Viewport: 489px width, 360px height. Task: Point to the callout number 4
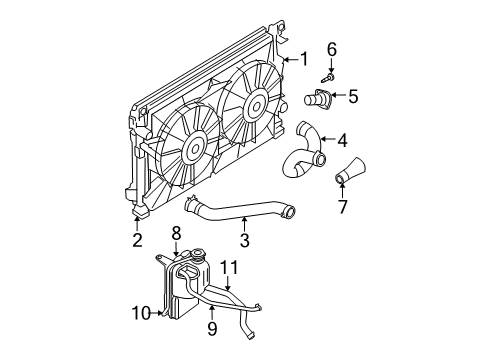(x=341, y=140)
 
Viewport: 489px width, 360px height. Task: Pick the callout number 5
(x=351, y=97)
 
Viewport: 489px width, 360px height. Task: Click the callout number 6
(x=332, y=48)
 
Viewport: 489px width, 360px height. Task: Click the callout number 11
(x=228, y=266)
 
